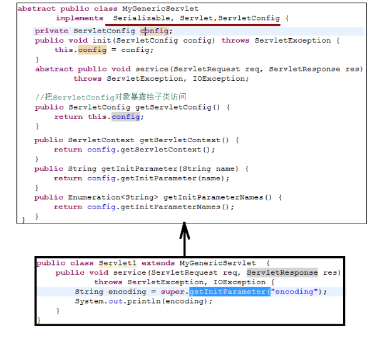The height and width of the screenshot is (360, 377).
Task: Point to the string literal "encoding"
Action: [294, 292]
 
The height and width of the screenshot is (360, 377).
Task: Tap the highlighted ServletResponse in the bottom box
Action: [282, 273]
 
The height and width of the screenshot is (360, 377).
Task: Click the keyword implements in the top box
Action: [79, 18]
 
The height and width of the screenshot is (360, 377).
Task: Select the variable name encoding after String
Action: [127, 292]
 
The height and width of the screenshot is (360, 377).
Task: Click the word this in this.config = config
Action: [63, 50]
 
